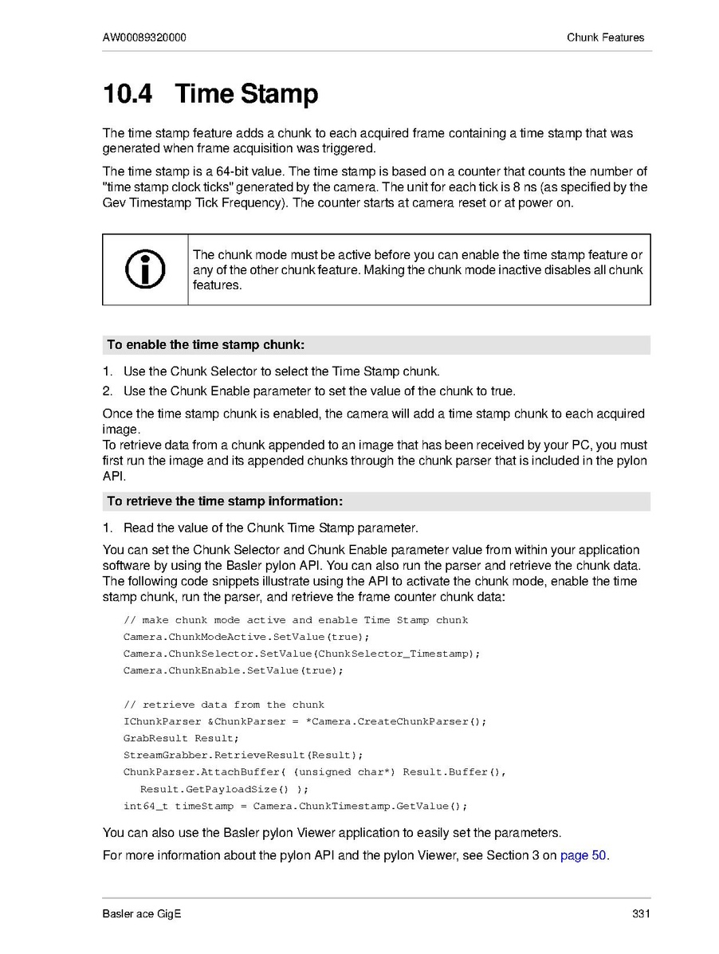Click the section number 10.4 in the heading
point(127,94)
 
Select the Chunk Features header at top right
point(605,37)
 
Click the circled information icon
point(145,269)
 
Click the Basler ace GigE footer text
point(142,913)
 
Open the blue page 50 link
point(583,856)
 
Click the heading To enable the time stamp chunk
point(206,345)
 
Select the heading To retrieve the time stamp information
point(225,501)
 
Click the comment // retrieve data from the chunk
point(224,705)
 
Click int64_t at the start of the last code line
point(145,806)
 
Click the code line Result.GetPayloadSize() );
point(224,789)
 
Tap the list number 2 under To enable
point(108,391)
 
